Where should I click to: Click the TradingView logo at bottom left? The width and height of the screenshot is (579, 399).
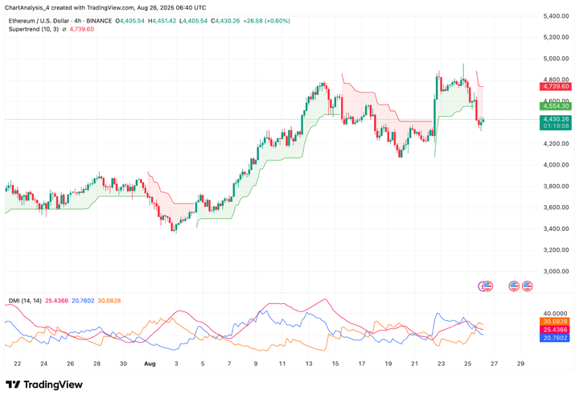pyautogui.click(x=45, y=385)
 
